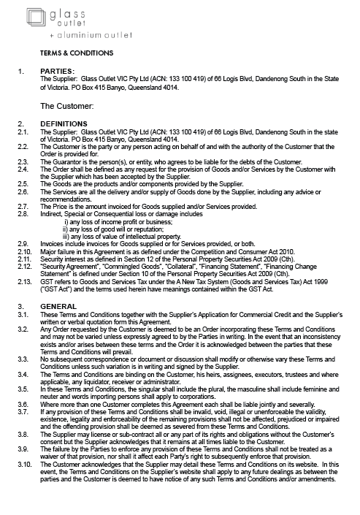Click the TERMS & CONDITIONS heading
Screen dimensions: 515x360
pyautogui.click(x=77, y=53)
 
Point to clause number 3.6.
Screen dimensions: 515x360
pyautogui.click(x=23, y=404)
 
